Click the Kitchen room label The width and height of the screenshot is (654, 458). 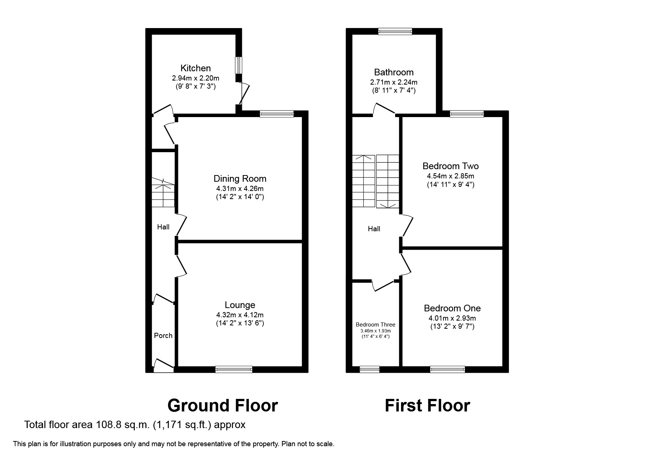click(x=195, y=68)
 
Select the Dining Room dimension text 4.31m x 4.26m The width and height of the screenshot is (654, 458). click(x=240, y=188)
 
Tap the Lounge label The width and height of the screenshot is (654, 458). click(x=240, y=305)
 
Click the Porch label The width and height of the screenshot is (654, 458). click(x=163, y=335)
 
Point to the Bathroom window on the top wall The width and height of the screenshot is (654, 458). click(x=395, y=31)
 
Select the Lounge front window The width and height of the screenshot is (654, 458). click(x=234, y=369)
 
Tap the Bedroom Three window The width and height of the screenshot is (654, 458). click(x=369, y=369)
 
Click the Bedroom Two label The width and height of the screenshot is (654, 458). click(x=450, y=166)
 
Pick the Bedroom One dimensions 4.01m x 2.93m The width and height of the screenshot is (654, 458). click(x=452, y=318)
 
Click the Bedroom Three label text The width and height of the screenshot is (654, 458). click(x=375, y=325)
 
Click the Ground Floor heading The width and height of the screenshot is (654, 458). click(x=222, y=406)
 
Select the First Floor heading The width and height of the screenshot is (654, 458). click(x=427, y=406)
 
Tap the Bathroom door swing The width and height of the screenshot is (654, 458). click(x=383, y=109)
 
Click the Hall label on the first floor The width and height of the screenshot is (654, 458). click(x=374, y=229)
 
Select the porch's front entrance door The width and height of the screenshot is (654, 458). click(x=162, y=365)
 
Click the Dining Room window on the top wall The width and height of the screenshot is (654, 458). click(x=276, y=114)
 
